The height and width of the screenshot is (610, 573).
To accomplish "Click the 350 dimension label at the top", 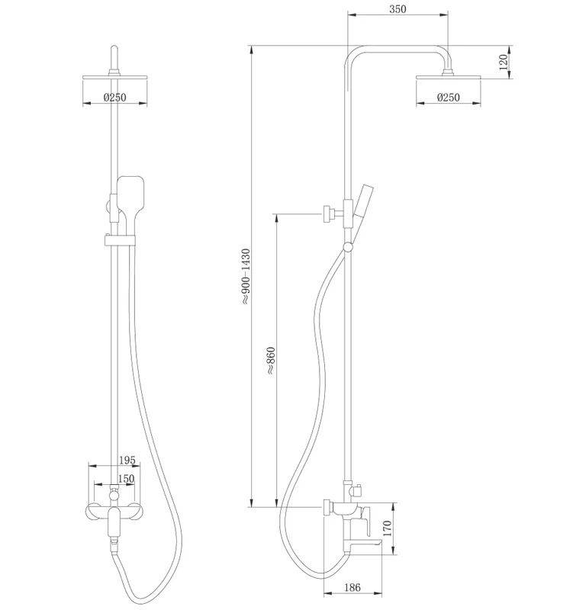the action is coord(398,9).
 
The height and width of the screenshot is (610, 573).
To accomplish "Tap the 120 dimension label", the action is coord(504,63).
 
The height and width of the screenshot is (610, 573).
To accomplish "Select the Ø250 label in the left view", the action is coord(115,97).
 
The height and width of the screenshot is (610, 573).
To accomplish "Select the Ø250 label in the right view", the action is coord(449,97).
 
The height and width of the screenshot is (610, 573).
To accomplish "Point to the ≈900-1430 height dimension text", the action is coord(246,276).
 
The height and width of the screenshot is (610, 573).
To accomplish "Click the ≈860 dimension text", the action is coord(271,361).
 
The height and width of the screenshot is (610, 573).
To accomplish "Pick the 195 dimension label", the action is coord(127,461).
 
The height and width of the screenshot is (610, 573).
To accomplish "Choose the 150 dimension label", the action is coord(126,479).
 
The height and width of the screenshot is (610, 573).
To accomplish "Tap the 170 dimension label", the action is coord(388,528).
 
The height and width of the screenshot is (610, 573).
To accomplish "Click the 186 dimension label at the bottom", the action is coord(352,587).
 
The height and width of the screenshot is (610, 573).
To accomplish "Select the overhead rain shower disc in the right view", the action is coord(449,78).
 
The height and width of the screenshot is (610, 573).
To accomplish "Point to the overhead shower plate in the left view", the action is coord(115,78).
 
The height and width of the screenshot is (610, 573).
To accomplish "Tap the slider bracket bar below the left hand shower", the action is coord(120,240).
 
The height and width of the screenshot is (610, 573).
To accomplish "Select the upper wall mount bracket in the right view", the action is coord(333,213).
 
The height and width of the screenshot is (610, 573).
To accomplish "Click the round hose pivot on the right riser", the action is coord(348,246).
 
